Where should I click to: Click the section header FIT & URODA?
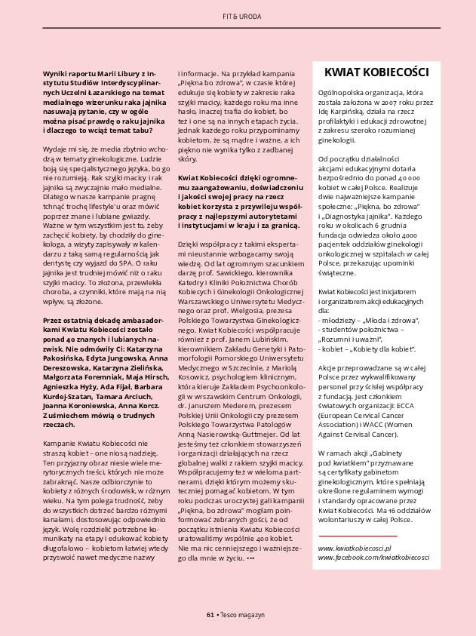tap(238, 16)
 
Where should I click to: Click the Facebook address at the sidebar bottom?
tap(373, 557)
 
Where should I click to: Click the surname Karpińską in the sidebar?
tap(352, 110)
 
